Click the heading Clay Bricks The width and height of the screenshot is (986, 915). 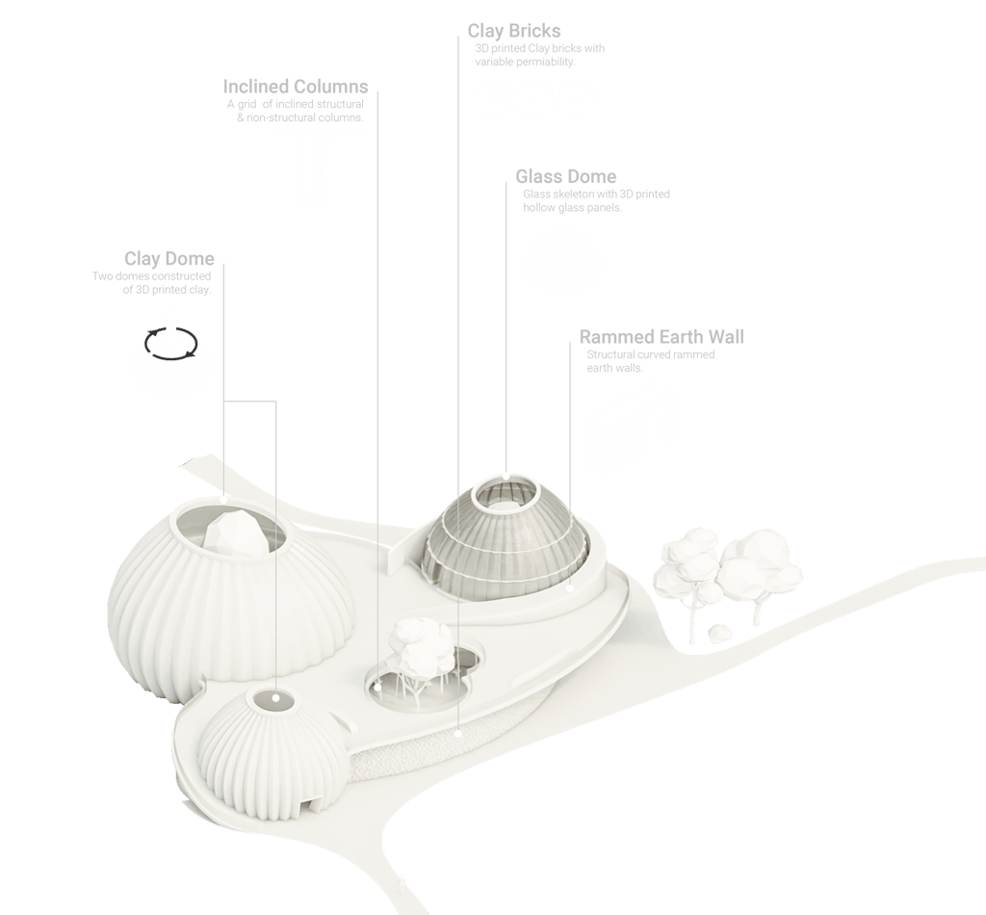point(514,32)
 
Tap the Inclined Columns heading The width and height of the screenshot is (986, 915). point(296,88)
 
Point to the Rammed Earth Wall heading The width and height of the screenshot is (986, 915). point(662,337)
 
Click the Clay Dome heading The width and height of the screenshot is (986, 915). point(169,259)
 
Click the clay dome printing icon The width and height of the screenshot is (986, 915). point(170,357)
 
